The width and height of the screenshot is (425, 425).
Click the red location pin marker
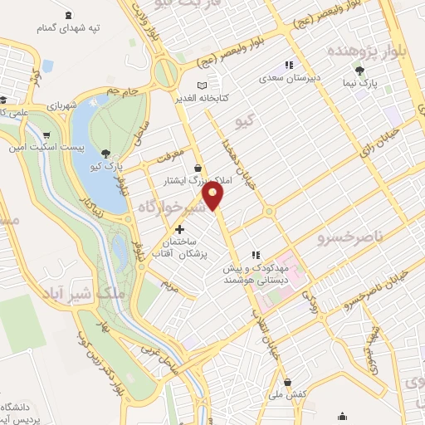click(x=215, y=195)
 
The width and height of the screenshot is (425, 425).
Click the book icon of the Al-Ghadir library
click(x=202, y=85)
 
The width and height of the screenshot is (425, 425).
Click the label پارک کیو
click(x=105, y=166)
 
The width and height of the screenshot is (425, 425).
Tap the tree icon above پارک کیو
click(x=105, y=153)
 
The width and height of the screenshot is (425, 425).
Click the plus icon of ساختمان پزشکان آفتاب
click(x=178, y=228)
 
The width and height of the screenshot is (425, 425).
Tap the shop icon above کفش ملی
click(x=288, y=382)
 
